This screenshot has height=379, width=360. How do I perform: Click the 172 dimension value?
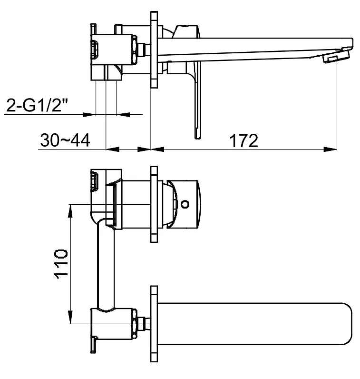coord(243,140)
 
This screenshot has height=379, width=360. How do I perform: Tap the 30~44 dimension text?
coord(65,140)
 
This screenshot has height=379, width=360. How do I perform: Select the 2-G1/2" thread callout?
coord(37,105)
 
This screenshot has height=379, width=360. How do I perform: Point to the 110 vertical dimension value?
coord(61,264)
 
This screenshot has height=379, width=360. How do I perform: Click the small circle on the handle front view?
coord(185,204)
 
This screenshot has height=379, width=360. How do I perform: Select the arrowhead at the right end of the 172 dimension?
coord(330,150)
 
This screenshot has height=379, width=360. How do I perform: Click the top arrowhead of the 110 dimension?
coord(70,211)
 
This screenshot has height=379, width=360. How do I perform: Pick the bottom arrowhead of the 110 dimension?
coord(70,317)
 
